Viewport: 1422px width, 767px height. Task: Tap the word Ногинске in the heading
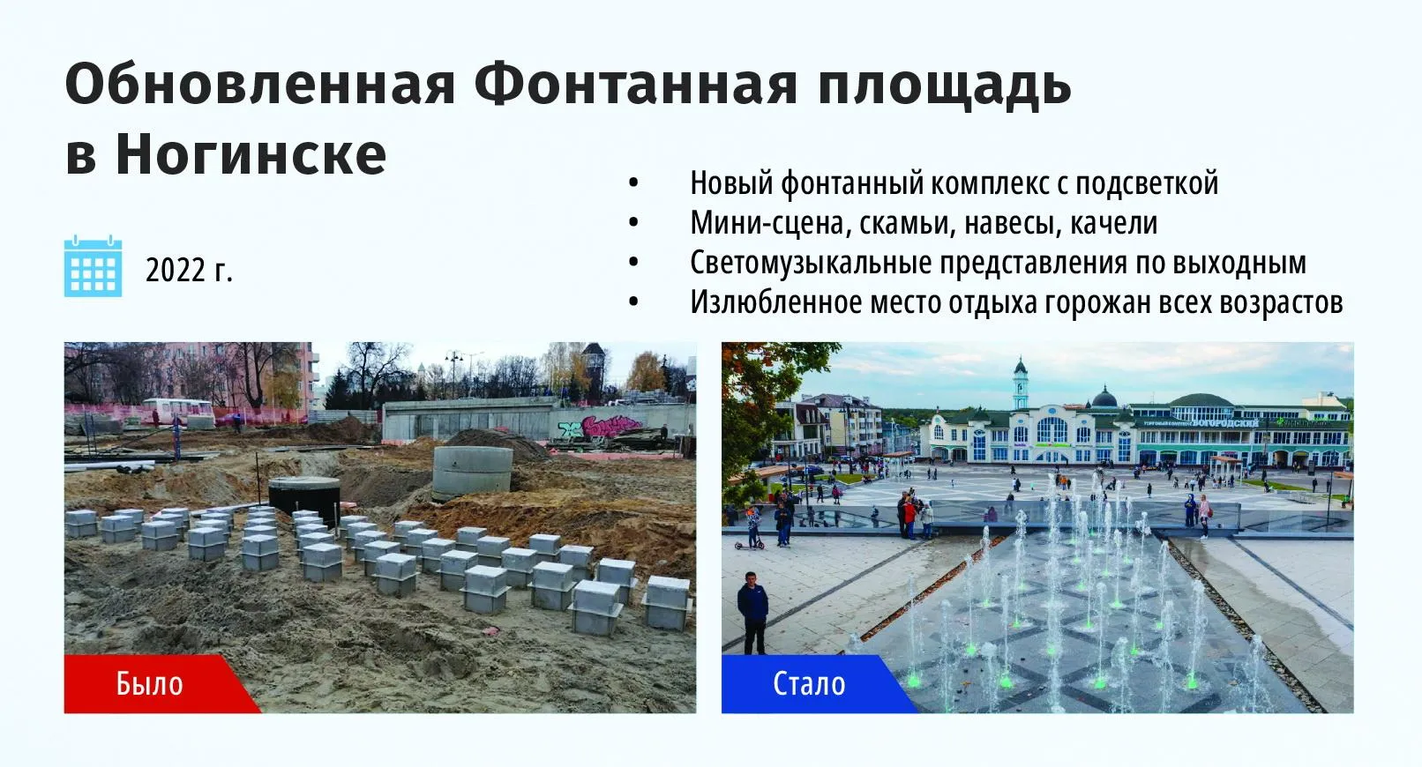(251, 154)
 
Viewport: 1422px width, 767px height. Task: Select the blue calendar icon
(93, 266)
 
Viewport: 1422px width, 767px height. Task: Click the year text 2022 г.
(189, 270)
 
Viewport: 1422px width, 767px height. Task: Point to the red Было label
(149, 683)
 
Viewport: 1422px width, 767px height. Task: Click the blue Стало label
(808, 683)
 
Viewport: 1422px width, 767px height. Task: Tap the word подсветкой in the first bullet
(1147, 183)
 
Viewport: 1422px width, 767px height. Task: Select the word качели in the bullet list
(1113, 223)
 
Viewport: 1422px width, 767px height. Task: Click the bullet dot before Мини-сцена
(633, 223)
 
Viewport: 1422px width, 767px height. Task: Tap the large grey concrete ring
(472, 471)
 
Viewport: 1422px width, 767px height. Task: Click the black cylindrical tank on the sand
(304, 500)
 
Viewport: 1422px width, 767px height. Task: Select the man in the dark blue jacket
(752, 610)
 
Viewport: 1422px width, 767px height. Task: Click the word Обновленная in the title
(260, 86)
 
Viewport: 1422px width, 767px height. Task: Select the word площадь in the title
(944, 86)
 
